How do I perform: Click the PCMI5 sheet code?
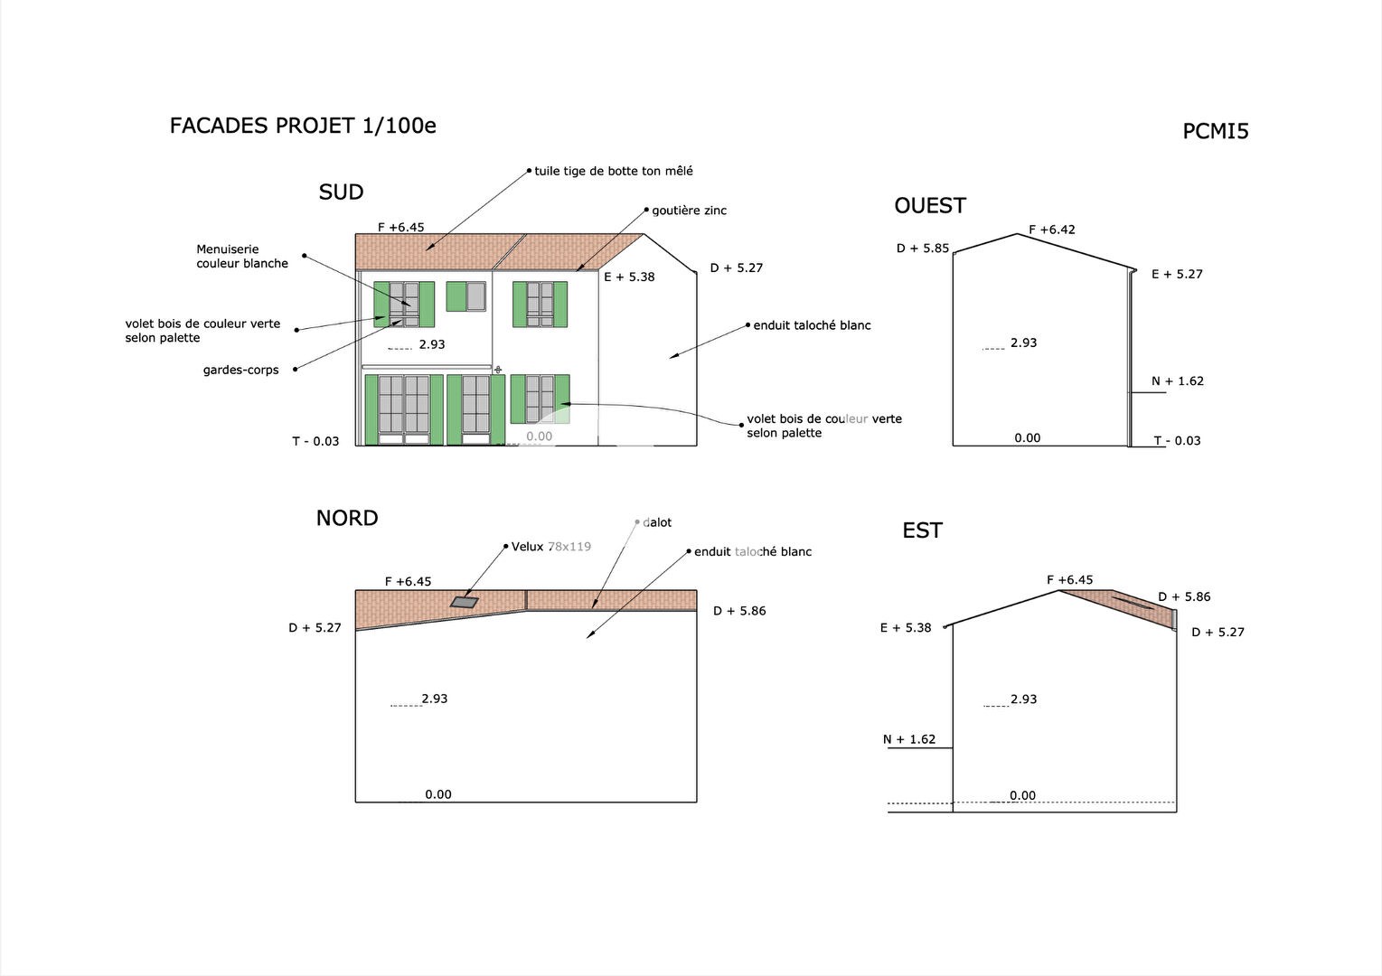pos(1216,131)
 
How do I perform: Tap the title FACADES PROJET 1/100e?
pos(303,126)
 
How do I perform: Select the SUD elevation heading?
pos(341,192)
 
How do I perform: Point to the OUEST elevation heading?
pos(930,205)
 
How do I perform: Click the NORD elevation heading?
pos(347,518)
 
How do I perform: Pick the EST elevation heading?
pos(922,530)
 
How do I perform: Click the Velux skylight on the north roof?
pos(465,602)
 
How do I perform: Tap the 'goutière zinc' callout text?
pos(689,211)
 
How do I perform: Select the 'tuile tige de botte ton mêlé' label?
pos(613,171)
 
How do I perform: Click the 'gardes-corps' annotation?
pos(240,371)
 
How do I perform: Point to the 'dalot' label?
pos(657,522)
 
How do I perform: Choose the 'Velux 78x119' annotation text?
pos(551,547)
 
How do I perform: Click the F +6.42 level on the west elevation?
pos(1052,230)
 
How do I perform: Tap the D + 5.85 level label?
pos(922,249)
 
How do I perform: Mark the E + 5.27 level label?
pos(1177,274)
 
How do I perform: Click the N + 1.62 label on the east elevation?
pos(908,739)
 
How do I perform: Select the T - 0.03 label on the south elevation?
pos(315,442)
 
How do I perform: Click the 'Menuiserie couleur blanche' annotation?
pos(242,257)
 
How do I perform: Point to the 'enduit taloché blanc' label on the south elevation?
pos(812,325)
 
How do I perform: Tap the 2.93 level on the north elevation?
pos(435,699)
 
